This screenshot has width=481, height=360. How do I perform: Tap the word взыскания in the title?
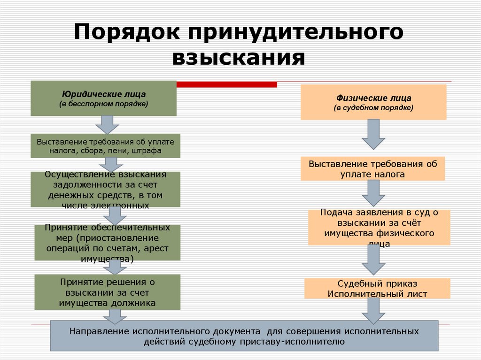tap(239, 58)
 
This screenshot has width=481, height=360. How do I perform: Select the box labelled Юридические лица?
tap(103, 99)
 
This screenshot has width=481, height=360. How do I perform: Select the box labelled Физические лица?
tap(373, 102)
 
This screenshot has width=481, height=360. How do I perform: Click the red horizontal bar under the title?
tap(226, 84)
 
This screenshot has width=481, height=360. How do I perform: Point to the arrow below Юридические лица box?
tap(107, 124)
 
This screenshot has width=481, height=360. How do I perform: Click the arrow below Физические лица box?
tap(373, 134)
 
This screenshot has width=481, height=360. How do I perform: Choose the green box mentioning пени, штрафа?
tap(105, 146)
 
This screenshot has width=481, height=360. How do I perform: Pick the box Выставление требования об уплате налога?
tap(373, 169)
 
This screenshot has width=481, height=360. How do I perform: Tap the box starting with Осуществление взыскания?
tap(105, 189)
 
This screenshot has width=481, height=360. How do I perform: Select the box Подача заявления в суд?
tap(379, 227)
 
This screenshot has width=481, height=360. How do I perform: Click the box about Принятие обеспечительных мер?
tap(107, 243)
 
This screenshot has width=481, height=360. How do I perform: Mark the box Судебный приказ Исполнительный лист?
tap(377, 289)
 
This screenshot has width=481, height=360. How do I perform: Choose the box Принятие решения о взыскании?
tap(107, 292)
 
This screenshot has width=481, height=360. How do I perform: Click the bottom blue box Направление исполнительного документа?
tap(244, 336)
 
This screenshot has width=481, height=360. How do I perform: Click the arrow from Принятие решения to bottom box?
tap(112, 315)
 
